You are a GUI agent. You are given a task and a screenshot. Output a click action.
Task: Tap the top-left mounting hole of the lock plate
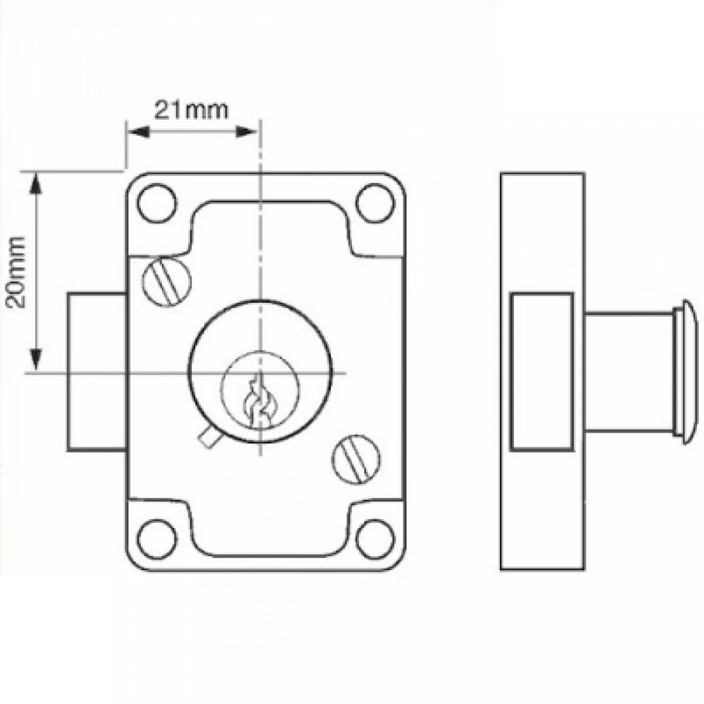tap(157, 200)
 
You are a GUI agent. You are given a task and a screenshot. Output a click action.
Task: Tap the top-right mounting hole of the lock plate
tap(374, 200)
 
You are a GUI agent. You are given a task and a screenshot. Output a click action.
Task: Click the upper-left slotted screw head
tap(167, 282)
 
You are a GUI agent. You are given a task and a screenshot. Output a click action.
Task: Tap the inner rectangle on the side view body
tap(541, 372)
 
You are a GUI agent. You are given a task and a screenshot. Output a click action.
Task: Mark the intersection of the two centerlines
tap(260, 372)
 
